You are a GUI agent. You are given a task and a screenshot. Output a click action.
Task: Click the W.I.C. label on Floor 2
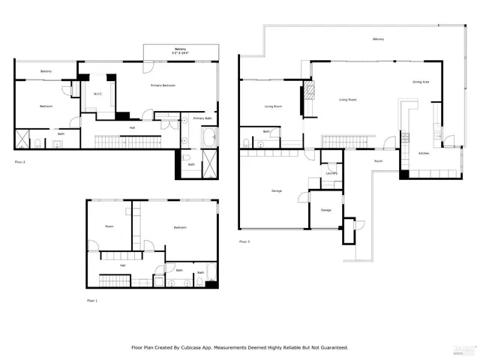[x=97, y=94]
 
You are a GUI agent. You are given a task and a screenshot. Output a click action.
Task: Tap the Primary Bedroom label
[x=163, y=85]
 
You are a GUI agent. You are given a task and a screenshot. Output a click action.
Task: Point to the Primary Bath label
[x=202, y=118]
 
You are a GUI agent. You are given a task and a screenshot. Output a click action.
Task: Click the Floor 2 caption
[x=19, y=161]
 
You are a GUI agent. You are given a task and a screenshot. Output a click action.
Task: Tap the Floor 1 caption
[x=91, y=300]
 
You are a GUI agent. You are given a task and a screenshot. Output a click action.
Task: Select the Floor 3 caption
[x=244, y=241]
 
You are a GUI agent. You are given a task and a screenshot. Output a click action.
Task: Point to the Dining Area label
[x=421, y=82]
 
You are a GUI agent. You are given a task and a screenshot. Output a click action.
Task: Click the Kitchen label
[x=424, y=153]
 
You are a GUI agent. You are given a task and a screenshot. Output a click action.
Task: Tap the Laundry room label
[x=331, y=173]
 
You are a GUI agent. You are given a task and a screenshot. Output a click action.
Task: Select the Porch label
[x=379, y=160]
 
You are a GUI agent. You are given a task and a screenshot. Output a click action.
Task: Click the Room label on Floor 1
[x=109, y=226]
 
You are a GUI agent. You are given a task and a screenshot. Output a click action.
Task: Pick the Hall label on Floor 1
[x=122, y=264]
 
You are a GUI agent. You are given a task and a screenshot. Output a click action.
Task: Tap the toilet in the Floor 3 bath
[x=247, y=141]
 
